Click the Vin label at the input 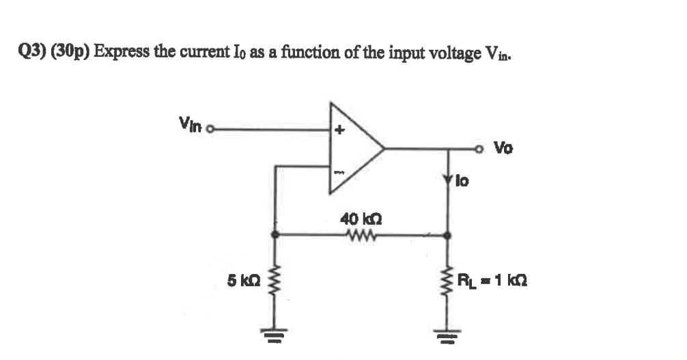pyautogui.click(x=191, y=123)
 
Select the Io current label pyautogui.click(x=464, y=182)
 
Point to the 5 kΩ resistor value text pyautogui.click(x=242, y=281)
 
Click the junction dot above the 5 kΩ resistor pyautogui.click(x=275, y=234)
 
